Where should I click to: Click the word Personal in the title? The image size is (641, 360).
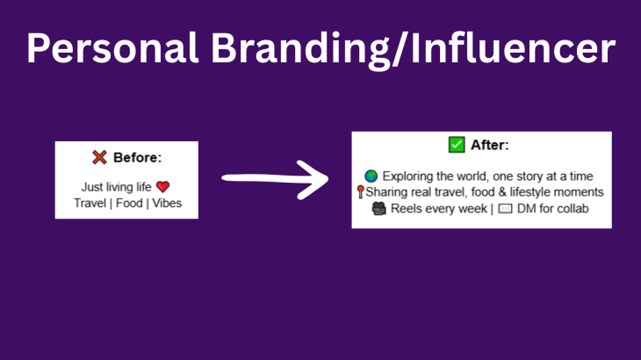(112, 47)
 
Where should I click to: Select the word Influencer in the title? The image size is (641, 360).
(513, 47)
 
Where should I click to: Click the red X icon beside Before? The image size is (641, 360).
(99, 157)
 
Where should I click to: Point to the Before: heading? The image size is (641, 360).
(137, 157)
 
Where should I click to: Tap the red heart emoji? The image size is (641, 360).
(162, 187)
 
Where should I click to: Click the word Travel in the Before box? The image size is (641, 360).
(90, 203)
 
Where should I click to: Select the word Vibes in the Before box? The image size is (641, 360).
(167, 203)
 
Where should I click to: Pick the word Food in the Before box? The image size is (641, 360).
(129, 203)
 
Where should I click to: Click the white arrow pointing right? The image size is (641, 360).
(275, 179)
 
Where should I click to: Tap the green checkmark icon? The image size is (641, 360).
(457, 145)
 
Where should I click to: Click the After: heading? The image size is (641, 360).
(490, 145)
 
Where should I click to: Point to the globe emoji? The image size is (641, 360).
(371, 176)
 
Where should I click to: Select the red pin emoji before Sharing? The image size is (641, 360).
(360, 191)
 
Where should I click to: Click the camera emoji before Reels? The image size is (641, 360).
(379, 208)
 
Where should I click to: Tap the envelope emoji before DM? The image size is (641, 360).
(505, 208)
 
